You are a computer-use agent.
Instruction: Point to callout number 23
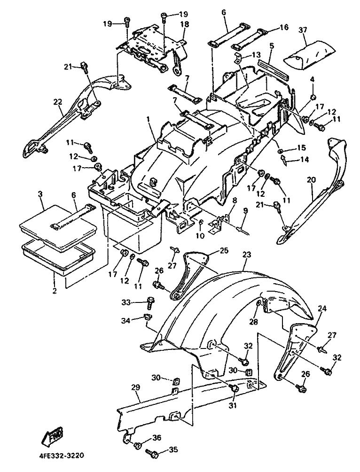(x=246, y=255)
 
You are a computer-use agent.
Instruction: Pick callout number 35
(x=173, y=450)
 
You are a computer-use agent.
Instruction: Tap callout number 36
(x=157, y=437)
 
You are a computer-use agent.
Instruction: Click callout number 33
(x=126, y=302)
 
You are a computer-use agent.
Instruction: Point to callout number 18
(x=184, y=24)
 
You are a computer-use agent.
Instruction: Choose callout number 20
(x=312, y=180)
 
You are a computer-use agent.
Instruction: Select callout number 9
(x=245, y=211)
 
